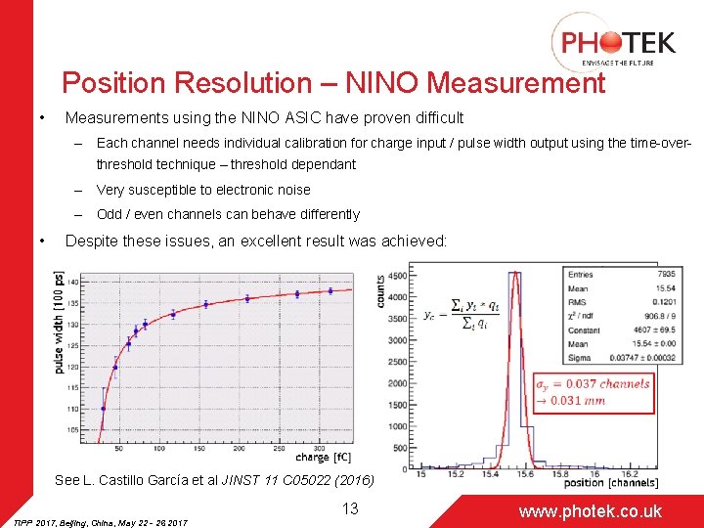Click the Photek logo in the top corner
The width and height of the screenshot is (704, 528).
pyautogui.click(x=615, y=42)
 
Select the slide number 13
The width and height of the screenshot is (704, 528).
pyautogui.click(x=351, y=508)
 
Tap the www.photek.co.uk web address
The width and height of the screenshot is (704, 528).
pyautogui.click(x=590, y=510)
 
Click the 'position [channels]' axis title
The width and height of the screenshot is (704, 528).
pyautogui.click(x=611, y=482)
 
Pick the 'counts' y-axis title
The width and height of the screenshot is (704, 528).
pyautogui.click(x=380, y=291)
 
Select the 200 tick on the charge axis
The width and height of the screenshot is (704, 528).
pyautogui.click(x=198, y=450)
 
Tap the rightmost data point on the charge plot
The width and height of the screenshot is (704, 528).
pyautogui.click(x=330, y=290)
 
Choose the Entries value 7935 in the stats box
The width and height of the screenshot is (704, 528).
pyautogui.click(x=639, y=275)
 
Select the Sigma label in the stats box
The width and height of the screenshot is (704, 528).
pyautogui.click(x=579, y=358)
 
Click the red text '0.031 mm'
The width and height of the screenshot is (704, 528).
pyautogui.click(x=578, y=401)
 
